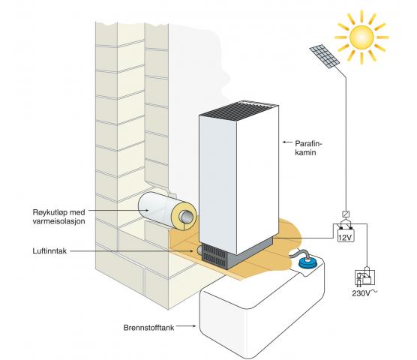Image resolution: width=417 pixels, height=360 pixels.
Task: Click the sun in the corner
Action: [361, 37]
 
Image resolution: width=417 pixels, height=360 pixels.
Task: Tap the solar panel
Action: [325, 56]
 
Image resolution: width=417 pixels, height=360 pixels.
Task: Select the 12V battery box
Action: [346, 235]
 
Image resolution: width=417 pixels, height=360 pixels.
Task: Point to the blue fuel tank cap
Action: [309, 262]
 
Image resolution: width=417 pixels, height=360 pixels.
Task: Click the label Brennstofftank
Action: [148, 327]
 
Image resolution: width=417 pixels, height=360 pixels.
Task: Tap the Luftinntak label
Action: [49, 251]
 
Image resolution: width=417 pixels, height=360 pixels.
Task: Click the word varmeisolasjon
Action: [58, 221]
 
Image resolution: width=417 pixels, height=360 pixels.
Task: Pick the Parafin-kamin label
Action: [308, 148]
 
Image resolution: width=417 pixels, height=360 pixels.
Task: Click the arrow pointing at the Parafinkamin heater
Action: [287, 142]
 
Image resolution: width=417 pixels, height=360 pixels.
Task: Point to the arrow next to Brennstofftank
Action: [186, 325]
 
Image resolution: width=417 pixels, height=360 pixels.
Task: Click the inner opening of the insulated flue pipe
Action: [187, 217]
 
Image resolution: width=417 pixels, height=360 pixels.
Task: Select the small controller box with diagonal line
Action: [346, 214]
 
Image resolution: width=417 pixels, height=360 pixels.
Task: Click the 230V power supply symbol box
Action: [364, 278]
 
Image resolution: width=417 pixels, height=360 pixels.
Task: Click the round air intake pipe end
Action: [199, 250]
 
